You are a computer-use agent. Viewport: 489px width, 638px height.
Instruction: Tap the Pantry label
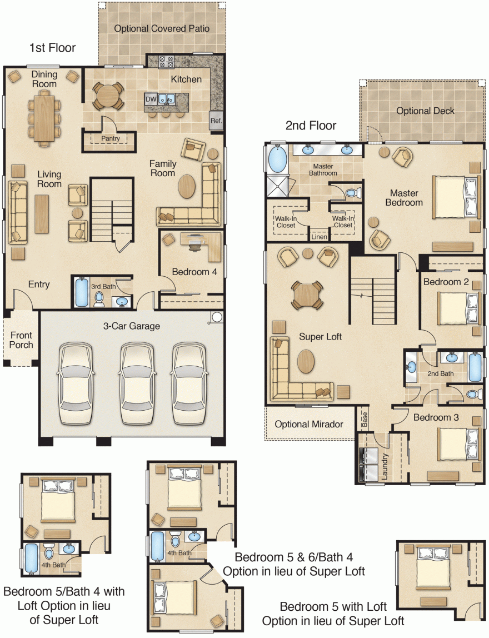(x=111, y=138)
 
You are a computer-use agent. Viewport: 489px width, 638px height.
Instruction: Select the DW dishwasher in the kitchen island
(x=151, y=99)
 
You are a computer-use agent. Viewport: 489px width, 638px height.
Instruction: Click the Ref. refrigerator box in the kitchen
(x=216, y=121)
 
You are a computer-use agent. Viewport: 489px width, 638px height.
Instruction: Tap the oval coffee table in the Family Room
(x=187, y=186)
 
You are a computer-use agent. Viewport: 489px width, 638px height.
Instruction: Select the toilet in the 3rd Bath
(x=99, y=298)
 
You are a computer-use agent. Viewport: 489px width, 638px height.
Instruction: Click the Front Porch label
(x=21, y=340)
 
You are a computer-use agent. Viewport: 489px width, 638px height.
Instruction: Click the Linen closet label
(x=320, y=237)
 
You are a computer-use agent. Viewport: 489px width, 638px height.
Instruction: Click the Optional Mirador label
(x=308, y=425)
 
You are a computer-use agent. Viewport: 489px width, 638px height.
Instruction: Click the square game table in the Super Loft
(x=305, y=295)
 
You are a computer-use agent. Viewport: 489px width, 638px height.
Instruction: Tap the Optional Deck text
(x=425, y=111)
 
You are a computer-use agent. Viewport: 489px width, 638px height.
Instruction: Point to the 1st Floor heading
(x=52, y=48)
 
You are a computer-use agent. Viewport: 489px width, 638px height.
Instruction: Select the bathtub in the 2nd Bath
(x=476, y=367)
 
